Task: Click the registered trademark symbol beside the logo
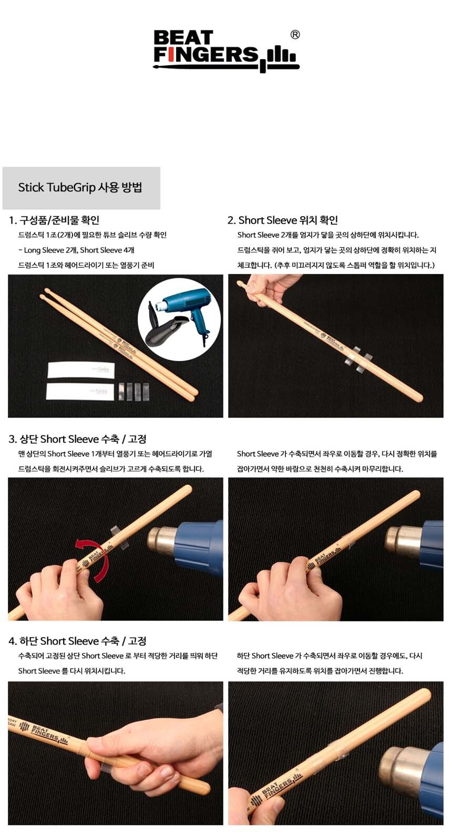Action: [x=294, y=35]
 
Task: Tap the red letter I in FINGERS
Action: [x=170, y=55]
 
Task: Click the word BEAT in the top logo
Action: [x=183, y=38]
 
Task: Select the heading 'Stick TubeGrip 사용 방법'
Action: [x=80, y=187]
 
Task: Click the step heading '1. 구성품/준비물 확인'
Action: [x=54, y=220]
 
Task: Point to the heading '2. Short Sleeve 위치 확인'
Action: [x=283, y=220]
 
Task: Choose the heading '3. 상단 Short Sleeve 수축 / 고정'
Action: [x=78, y=439]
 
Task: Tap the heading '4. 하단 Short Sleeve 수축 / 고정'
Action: [x=78, y=641]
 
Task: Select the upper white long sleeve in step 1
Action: [x=81, y=370]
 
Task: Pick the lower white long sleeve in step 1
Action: [x=80, y=391]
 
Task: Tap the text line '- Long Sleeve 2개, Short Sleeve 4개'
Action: [x=76, y=250]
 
